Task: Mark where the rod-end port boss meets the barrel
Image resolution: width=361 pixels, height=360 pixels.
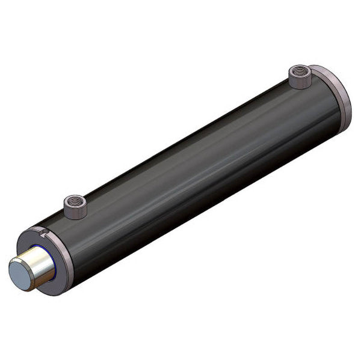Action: coord(76,218)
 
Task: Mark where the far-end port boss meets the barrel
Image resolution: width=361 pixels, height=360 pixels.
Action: coord(299,88)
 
